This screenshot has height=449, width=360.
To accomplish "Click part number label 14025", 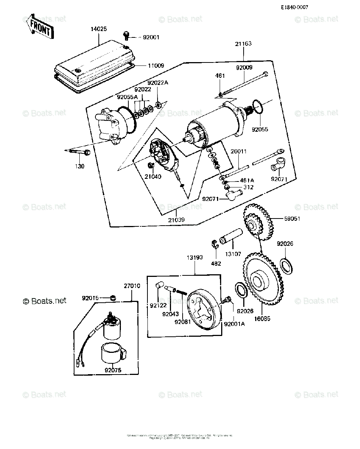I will pyautogui.click(x=99, y=28).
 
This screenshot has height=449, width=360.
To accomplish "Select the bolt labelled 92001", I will pyautogui.click(x=126, y=36).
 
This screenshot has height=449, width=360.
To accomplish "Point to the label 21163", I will pyautogui.click(x=243, y=44).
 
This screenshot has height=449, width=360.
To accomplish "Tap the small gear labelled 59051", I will pyautogui.click(x=258, y=223).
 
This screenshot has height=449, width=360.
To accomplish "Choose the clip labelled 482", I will pyautogui.click(x=215, y=244).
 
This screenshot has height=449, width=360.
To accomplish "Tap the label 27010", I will pyautogui.click(x=132, y=286).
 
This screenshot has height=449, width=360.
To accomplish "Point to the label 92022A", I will pyautogui.click(x=158, y=83).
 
